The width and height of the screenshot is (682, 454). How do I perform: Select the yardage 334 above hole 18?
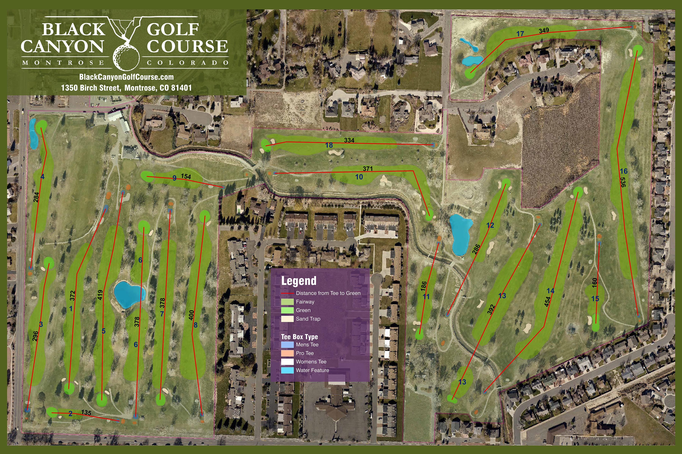[349, 140]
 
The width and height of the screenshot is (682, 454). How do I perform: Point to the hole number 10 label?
[359, 177]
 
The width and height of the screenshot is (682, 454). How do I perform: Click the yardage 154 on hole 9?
[186, 176]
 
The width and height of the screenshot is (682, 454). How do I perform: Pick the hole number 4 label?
[42, 177]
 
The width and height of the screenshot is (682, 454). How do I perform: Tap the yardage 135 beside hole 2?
[86, 412]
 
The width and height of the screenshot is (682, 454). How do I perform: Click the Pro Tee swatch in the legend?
[287, 353]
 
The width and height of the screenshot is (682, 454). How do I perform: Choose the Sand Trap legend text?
[308, 319]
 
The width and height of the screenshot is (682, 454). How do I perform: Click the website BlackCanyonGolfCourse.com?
[126, 77]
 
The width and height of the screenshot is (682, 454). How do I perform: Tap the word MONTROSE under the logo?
[63, 63]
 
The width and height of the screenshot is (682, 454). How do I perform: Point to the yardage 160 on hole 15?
[594, 283]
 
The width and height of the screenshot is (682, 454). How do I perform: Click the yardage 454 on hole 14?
[547, 301]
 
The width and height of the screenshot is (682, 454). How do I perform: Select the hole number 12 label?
[490, 225]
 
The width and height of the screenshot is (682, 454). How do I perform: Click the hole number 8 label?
[196, 325]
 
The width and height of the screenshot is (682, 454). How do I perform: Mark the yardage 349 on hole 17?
[544, 30]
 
